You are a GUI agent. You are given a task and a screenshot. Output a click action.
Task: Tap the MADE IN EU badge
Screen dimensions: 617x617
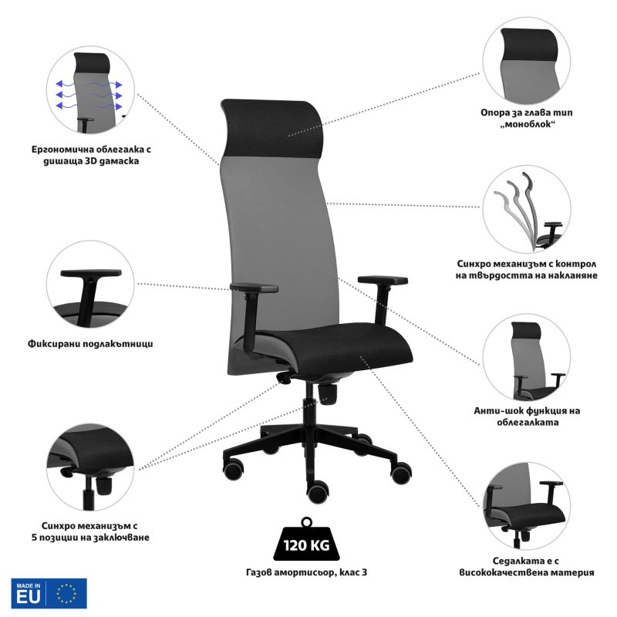(x=49, y=593)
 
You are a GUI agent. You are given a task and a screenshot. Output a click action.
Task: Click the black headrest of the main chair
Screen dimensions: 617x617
(x=272, y=129)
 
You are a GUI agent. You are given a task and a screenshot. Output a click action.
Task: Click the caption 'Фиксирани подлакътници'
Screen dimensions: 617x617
(x=90, y=344)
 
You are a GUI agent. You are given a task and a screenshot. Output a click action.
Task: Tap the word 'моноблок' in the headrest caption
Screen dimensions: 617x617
(x=528, y=124)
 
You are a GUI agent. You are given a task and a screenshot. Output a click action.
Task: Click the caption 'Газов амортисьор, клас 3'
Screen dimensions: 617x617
(x=306, y=572)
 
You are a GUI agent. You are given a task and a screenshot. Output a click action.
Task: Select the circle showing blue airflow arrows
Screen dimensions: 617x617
(x=90, y=89)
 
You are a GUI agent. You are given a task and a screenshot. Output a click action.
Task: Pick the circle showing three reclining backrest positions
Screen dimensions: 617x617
(x=527, y=209)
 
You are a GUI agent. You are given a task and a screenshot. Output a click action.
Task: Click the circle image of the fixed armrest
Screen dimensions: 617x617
(x=90, y=284)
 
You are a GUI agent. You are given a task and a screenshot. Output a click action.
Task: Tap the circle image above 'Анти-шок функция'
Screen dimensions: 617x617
(x=527, y=357)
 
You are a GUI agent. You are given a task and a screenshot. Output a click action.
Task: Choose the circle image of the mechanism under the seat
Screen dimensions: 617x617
(x=90, y=467)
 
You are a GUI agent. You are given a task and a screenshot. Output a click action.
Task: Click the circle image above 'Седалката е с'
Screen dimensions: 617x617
(x=527, y=506)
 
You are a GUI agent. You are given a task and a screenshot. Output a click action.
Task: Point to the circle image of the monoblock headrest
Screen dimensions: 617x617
(x=527, y=61)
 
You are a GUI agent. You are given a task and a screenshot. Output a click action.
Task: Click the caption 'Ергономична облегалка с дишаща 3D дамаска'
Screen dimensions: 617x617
(x=91, y=155)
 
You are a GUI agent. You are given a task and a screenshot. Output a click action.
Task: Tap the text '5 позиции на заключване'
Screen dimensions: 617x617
(x=90, y=538)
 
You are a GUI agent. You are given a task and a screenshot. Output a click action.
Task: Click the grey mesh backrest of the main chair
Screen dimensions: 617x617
(x=275, y=236)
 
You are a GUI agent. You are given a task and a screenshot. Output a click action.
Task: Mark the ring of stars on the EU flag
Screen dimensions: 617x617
(x=66, y=593)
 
